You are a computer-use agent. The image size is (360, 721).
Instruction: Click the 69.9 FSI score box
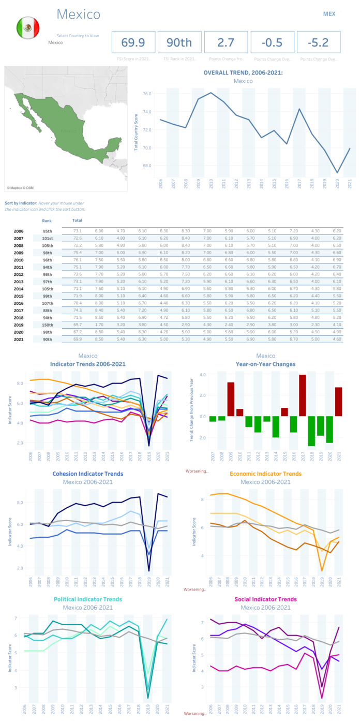click(132, 42)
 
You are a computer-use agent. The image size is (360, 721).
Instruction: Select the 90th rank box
click(179, 42)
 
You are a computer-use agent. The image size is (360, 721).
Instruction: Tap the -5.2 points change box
click(319, 42)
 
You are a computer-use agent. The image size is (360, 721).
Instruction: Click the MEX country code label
click(329, 14)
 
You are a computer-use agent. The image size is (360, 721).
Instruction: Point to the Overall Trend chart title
click(243, 72)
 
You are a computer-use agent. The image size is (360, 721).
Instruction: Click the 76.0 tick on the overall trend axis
click(147, 94)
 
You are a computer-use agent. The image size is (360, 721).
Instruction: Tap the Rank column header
click(48, 220)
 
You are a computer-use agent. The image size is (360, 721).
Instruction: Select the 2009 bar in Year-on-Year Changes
click(231, 400)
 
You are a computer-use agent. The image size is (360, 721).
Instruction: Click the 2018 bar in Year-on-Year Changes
click(311, 431)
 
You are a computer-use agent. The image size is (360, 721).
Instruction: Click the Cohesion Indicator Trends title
click(87, 474)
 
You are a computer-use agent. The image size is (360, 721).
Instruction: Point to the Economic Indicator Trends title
click(265, 474)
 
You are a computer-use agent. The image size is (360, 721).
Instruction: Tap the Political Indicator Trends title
click(87, 599)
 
